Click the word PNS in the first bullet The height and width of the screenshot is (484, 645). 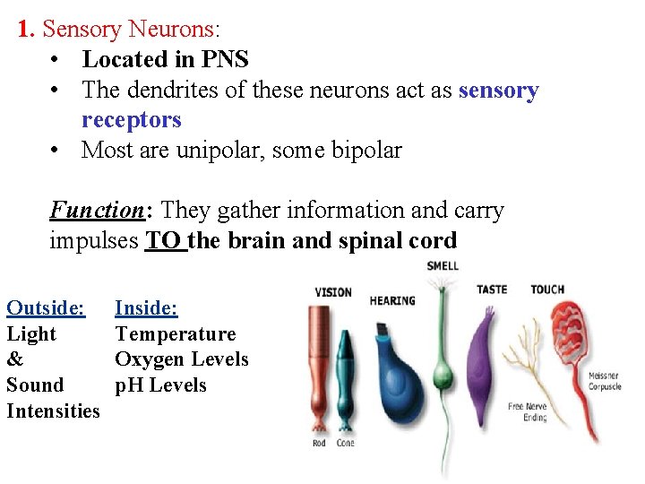pyautogui.click(x=223, y=60)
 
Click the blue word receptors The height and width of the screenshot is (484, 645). pyautogui.click(x=131, y=120)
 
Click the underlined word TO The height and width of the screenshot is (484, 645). pyautogui.click(x=166, y=241)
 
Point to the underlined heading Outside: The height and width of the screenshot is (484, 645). pyautogui.click(x=46, y=308)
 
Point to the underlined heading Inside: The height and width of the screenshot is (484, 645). pyautogui.click(x=146, y=308)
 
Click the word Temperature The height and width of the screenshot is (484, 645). pyautogui.click(x=175, y=334)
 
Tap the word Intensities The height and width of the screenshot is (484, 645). pyautogui.click(x=53, y=411)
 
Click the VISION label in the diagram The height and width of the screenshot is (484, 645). pyautogui.click(x=333, y=292)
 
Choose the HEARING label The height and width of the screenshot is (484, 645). pyautogui.click(x=392, y=301)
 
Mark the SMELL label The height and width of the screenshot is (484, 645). pyautogui.click(x=443, y=266)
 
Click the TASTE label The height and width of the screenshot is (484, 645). pyautogui.click(x=491, y=290)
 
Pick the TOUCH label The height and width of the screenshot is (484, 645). pyautogui.click(x=547, y=290)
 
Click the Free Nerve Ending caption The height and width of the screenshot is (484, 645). pyautogui.click(x=528, y=412)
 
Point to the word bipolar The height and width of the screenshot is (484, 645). pyautogui.click(x=366, y=150)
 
